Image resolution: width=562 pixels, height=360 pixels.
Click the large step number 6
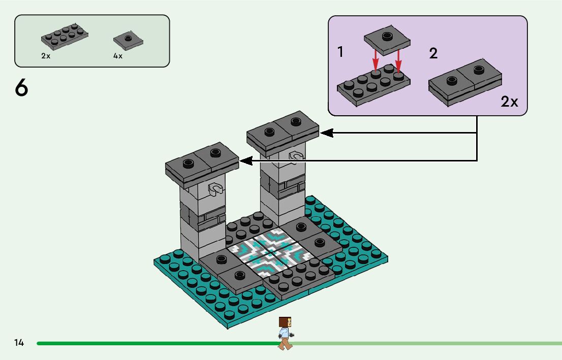click(21, 88)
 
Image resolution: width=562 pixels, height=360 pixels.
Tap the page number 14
click(19, 343)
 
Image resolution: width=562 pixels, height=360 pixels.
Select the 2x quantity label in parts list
click(46, 56)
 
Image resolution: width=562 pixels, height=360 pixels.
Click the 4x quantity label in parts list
click(118, 56)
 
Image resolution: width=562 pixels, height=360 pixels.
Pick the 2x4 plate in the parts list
click(65, 38)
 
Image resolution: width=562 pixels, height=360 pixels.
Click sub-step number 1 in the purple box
click(340, 52)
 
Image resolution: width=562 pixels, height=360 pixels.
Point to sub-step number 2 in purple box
click(433, 53)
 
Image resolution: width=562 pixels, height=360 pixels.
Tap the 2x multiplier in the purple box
click(509, 102)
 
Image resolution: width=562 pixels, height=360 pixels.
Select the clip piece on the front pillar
click(216, 189)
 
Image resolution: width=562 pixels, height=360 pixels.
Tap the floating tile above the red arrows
click(387, 41)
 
